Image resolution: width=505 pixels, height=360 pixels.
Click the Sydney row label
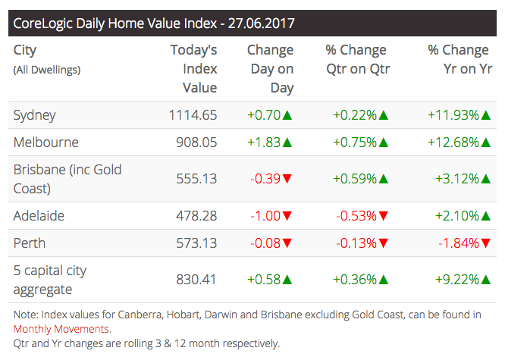click(x=35, y=115)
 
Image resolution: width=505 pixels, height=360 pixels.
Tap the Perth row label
click(x=30, y=243)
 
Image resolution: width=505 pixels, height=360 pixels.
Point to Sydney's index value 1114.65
click(x=193, y=115)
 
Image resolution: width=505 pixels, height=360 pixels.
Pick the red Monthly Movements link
click(x=61, y=329)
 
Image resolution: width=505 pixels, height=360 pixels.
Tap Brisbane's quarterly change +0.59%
click(x=355, y=179)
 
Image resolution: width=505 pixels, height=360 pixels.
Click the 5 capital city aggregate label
click(x=51, y=279)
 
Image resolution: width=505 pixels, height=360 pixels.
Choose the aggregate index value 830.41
click(x=196, y=280)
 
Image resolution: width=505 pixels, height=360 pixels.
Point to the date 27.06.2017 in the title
click(x=256, y=23)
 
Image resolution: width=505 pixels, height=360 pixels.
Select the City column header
click(x=25, y=51)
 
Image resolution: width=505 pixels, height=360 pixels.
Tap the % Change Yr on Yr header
click(x=458, y=59)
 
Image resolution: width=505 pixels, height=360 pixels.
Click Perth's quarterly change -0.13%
click(x=355, y=243)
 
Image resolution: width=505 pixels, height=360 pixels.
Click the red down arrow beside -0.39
click(x=287, y=179)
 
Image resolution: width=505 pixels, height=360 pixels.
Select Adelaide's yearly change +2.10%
click(x=456, y=216)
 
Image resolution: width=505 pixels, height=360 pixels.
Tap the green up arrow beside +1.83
click(x=287, y=142)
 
